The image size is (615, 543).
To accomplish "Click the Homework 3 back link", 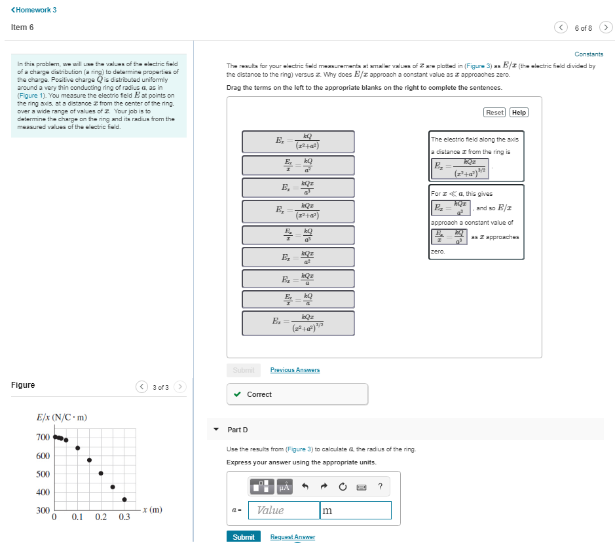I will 34,10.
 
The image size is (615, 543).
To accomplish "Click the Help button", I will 519,112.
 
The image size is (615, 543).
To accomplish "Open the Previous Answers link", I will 295,370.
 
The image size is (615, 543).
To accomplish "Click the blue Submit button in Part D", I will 243,536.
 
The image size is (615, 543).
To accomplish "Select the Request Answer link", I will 293,537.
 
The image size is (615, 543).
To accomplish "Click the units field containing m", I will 356,510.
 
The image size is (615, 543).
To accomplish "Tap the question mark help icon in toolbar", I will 380,486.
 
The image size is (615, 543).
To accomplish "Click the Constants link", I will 588,54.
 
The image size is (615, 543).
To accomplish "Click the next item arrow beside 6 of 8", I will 606,28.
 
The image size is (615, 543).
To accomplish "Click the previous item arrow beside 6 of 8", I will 561,28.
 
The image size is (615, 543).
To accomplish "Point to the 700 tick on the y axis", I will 43,437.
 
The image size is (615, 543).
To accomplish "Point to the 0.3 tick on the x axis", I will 124,517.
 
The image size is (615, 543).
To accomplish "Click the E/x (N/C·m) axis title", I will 62,417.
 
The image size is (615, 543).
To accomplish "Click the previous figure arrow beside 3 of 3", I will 142,386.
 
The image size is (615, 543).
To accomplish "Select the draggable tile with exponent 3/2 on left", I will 298,323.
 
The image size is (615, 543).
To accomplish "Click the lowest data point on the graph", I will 124,499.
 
